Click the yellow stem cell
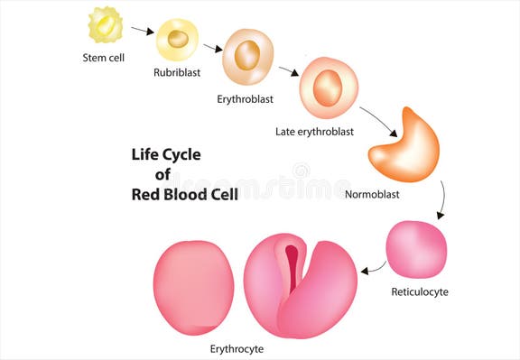[x=105, y=24]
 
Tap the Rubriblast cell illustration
[x=177, y=39]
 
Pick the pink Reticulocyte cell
[x=416, y=249]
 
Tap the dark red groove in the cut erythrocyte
[x=292, y=267]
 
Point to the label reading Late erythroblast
[x=314, y=132]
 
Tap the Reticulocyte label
[x=419, y=291]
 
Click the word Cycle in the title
[x=179, y=155]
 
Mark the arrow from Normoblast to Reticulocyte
[x=441, y=199]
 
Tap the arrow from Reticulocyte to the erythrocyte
[x=372, y=268]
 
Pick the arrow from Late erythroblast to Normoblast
[x=379, y=119]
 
